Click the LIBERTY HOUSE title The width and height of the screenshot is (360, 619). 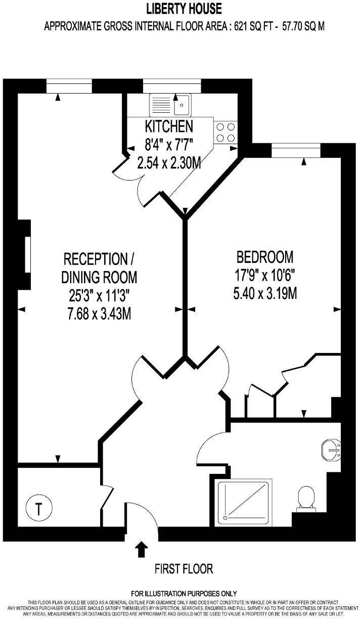(184, 9)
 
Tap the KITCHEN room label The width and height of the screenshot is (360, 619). (168, 126)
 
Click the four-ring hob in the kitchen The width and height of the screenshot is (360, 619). (225, 132)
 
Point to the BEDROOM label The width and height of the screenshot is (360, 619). (265, 257)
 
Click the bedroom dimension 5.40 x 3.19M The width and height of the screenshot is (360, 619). (264, 293)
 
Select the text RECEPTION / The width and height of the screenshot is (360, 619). (99, 259)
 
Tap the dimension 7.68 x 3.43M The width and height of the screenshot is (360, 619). (99, 314)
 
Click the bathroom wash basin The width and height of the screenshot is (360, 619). (332, 450)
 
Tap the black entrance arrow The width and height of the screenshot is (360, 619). (141, 548)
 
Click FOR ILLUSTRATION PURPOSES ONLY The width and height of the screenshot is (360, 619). (184, 593)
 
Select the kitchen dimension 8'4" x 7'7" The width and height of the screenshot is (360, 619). (168, 145)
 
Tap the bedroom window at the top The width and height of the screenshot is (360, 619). (296, 150)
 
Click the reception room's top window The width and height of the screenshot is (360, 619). (69, 86)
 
